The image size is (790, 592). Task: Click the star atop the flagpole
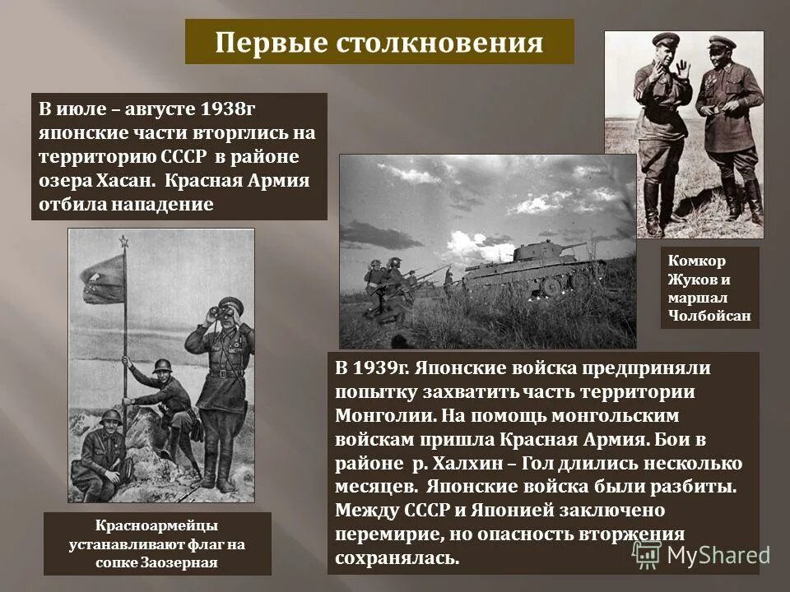coord(124,241)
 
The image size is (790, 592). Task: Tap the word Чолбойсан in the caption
coord(709,315)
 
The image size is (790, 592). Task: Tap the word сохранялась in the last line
coord(395,557)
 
